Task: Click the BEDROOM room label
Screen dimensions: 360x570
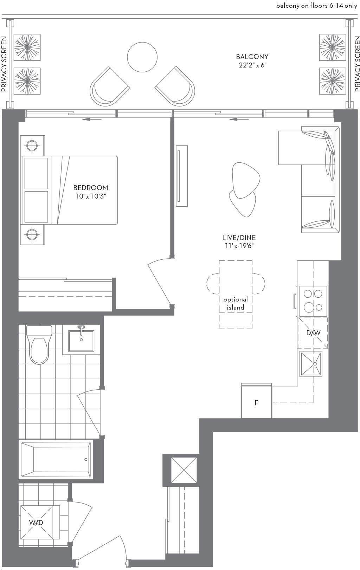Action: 91,188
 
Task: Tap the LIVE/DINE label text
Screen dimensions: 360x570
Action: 239,238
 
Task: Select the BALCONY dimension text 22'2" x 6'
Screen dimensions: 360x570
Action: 252,65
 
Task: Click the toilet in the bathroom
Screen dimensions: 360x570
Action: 39,344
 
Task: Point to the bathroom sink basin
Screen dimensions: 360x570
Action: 81,341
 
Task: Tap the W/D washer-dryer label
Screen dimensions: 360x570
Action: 36,523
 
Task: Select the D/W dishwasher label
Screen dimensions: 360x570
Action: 313,332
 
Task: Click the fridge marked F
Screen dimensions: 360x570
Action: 256,403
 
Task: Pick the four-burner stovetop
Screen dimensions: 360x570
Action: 313,301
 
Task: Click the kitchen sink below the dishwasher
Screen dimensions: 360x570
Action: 311,364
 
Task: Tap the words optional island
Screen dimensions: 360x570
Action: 236,303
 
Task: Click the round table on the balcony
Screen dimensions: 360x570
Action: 142,57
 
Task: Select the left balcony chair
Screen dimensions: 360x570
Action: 110,86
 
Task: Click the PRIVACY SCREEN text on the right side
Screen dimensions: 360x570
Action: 357,64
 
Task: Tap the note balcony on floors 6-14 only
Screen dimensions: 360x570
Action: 316,6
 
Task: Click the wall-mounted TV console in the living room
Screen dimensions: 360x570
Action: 182,176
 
